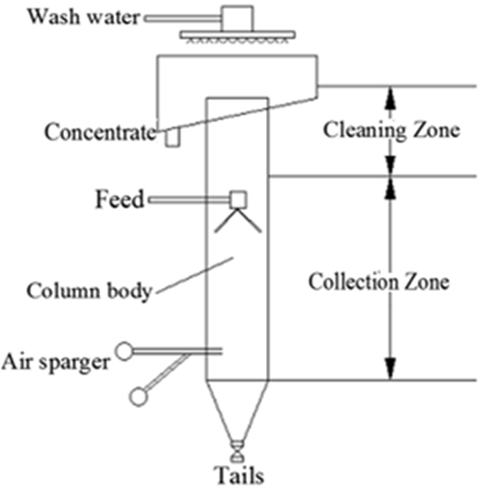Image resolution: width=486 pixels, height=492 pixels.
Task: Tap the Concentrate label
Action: [x=99, y=131]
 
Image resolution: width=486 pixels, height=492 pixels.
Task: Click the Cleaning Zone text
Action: [x=392, y=130]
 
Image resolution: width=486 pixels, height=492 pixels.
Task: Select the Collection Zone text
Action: [x=379, y=282]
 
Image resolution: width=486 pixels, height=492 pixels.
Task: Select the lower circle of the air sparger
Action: [x=139, y=396]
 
